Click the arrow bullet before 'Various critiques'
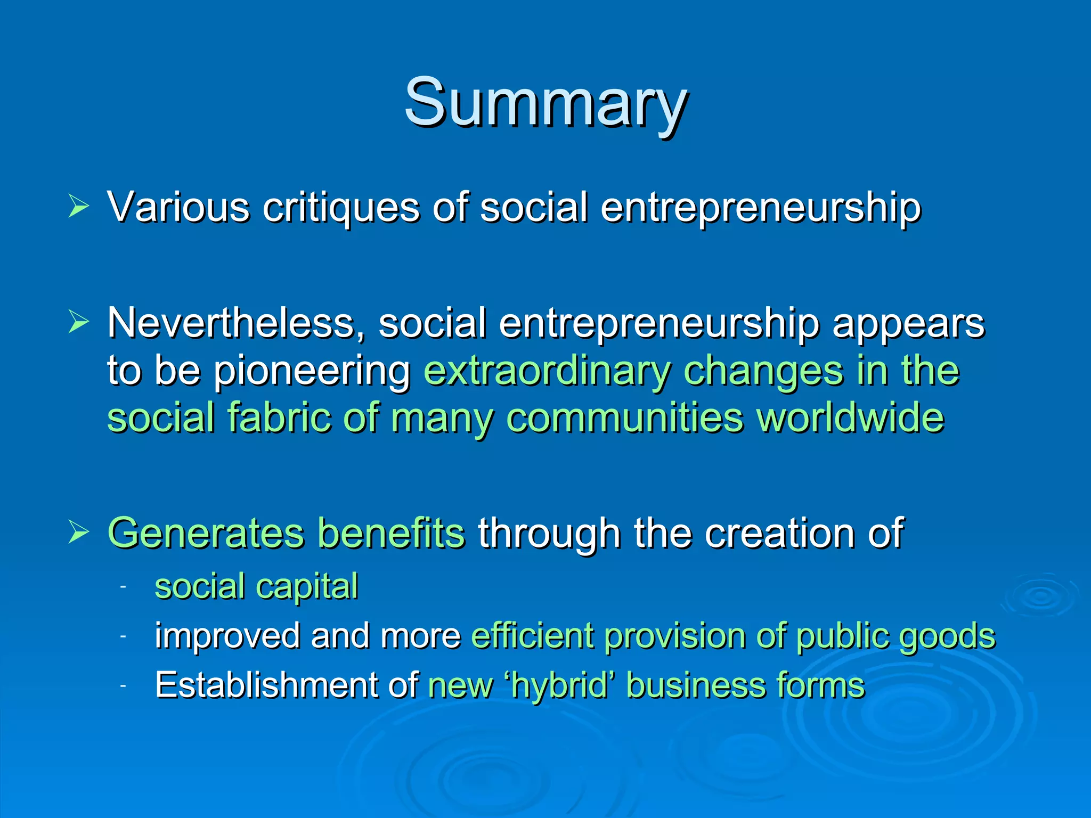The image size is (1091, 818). (x=78, y=207)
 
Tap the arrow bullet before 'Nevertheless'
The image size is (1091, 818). (x=78, y=322)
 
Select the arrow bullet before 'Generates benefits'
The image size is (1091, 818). (x=78, y=532)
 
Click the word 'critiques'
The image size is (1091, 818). (x=341, y=208)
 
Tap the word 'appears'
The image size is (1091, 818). (x=908, y=324)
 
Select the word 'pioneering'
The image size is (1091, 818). (x=312, y=371)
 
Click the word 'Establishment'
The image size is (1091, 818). (x=266, y=685)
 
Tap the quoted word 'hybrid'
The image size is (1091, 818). (x=559, y=685)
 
